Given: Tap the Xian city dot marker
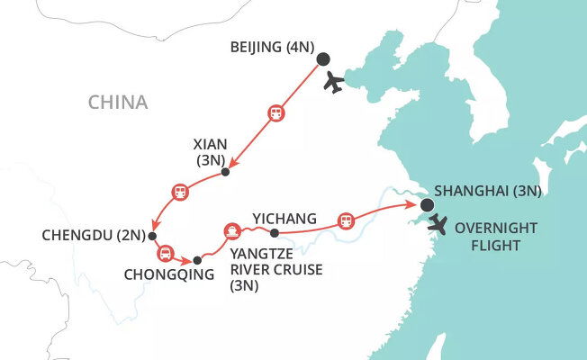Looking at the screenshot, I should pyautogui.click(x=226, y=172).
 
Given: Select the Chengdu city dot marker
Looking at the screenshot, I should pyautogui.click(x=152, y=237).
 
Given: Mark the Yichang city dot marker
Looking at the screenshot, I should pyautogui.click(x=275, y=234).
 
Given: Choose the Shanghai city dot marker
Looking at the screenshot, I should pyautogui.click(x=425, y=206).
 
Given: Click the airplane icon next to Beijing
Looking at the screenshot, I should pyautogui.click(x=334, y=82).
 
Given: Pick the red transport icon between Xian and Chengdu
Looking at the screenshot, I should pyautogui.click(x=180, y=192).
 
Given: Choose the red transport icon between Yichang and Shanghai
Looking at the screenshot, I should pyautogui.click(x=344, y=220).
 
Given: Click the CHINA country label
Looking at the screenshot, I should pyautogui.click(x=117, y=103).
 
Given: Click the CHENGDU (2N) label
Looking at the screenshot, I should pyautogui.click(x=94, y=237).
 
